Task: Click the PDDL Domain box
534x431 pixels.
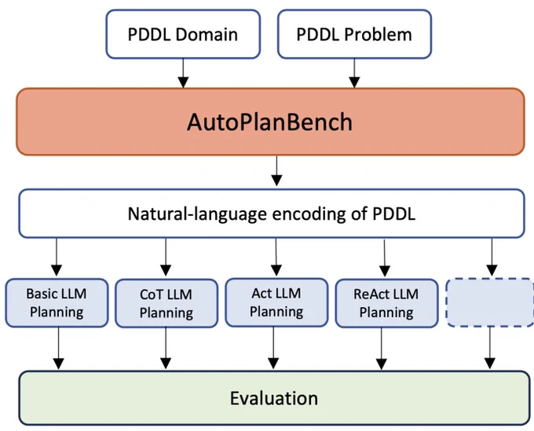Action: [183, 34]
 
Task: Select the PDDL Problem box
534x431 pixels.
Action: [354, 34]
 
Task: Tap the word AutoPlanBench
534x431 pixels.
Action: [269, 122]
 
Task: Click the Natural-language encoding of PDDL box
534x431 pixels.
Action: [272, 214]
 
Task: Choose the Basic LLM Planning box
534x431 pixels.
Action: [57, 303]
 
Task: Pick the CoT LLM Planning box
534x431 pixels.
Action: [166, 303]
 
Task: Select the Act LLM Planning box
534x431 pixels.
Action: [276, 302]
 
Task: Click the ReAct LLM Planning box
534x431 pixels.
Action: [386, 303]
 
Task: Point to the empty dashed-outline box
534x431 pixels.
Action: [490, 302]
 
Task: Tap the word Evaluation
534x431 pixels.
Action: [274, 398]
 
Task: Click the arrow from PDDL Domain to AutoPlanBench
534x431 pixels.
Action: [183, 73]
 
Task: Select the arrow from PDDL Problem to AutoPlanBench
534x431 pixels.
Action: [354, 73]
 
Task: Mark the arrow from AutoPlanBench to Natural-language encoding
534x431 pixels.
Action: [276, 171]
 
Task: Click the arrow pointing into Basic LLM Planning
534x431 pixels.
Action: [57, 257]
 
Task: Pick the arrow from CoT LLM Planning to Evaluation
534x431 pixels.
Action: [166, 349]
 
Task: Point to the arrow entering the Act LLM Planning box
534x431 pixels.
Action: [276, 257]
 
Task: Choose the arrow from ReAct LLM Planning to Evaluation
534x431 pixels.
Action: [382, 349]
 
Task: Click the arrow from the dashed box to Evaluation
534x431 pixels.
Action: [490, 348]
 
